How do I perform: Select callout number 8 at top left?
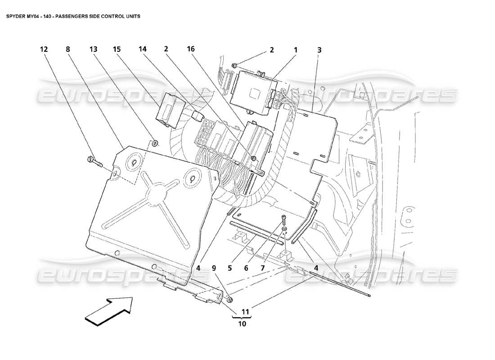(x=68, y=50)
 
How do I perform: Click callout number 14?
(x=143, y=50)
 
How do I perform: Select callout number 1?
(x=296, y=50)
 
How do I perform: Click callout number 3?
(x=319, y=50)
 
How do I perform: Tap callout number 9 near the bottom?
(x=214, y=267)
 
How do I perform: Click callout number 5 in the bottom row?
(x=229, y=267)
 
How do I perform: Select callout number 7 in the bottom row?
(x=262, y=267)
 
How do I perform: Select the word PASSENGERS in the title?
(x=75, y=16)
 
